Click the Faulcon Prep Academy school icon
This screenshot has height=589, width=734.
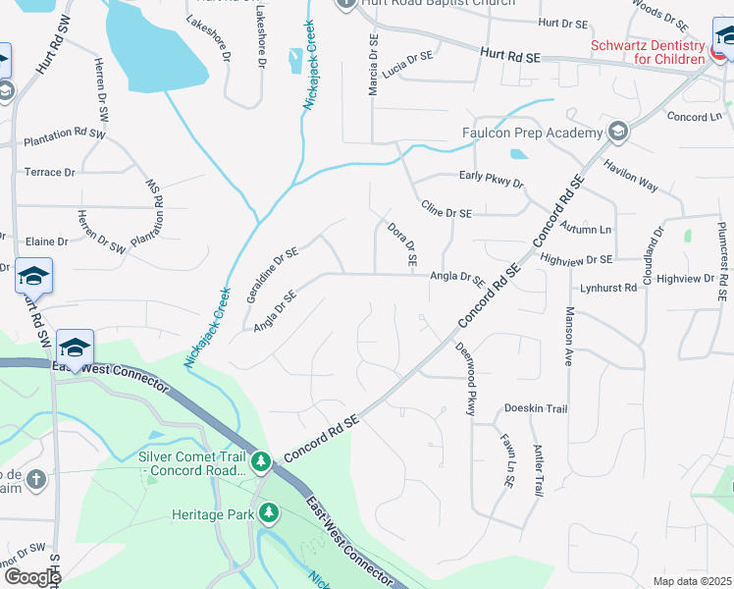coord(617,132)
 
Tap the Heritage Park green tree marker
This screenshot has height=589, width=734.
coord(268,513)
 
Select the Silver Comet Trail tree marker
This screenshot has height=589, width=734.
coord(260,460)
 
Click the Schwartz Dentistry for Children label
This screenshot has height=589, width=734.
coord(647,52)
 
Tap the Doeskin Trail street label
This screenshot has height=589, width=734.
coord(536,408)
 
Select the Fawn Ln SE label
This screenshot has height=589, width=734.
coord(507,462)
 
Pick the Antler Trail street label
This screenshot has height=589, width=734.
coord(538,470)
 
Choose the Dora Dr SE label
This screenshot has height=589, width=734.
coord(403,246)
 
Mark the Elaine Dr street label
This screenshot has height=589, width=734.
coord(47,241)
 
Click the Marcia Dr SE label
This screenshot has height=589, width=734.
coord(373,67)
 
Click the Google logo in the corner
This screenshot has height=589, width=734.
coord(31,577)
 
